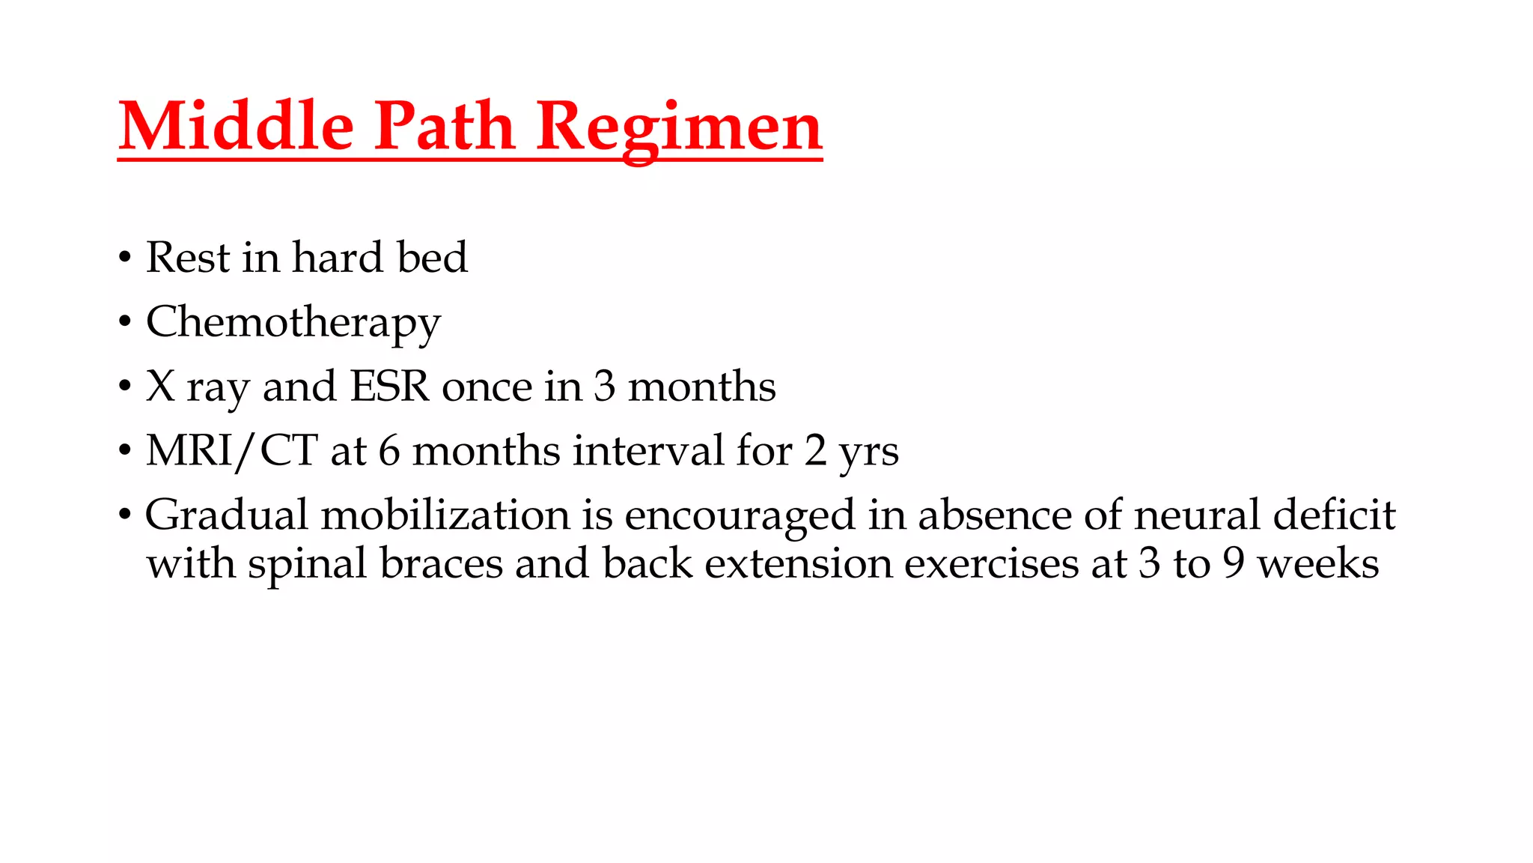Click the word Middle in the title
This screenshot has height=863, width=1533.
pyautogui.click(x=236, y=126)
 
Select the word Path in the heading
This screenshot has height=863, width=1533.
pyautogui.click(x=444, y=126)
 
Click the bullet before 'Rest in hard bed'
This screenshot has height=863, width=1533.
pyautogui.click(x=125, y=258)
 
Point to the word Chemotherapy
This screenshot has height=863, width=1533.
pyautogui.click(x=293, y=324)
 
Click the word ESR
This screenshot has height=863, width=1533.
pyautogui.click(x=390, y=387)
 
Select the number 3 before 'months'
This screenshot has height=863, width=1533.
pyautogui.click(x=605, y=387)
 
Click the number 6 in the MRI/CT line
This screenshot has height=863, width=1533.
pyautogui.click(x=389, y=451)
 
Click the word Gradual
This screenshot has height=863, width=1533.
pyautogui.click(x=227, y=515)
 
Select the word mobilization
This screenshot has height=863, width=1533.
pyautogui.click(x=445, y=515)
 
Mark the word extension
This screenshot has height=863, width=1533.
pyautogui.click(x=799, y=563)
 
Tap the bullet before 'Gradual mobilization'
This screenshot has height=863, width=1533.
pyautogui.click(x=125, y=516)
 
